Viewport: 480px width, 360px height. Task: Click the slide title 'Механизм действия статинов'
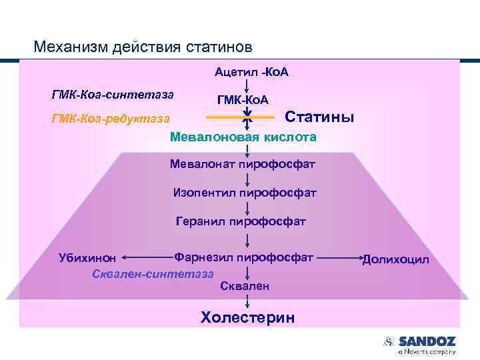click(143, 47)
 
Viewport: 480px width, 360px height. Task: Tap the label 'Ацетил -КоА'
click(251, 71)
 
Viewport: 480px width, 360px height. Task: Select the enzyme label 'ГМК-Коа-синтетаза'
click(113, 94)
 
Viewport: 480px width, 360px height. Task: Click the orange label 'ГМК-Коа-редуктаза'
click(111, 119)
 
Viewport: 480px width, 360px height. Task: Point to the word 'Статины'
click(319, 117)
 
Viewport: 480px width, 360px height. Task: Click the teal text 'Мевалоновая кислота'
click(243, 137)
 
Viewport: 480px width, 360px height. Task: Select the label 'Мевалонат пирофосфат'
click(243, 164)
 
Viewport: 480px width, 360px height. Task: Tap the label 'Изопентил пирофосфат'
click(245, 193)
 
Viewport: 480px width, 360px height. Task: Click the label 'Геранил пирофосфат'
click(241, 221)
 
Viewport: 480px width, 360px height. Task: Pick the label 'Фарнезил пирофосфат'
click(243, 257)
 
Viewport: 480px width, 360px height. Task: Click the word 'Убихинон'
click(87, 258)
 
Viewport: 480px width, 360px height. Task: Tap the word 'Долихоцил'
click(395, 259)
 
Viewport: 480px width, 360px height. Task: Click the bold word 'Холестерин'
click(247, 317)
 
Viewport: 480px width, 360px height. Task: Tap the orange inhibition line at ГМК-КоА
click(227, 117)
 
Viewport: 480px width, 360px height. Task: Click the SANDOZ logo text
click(427, 341)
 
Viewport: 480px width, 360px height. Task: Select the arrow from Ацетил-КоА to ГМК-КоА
click(248, 85)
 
